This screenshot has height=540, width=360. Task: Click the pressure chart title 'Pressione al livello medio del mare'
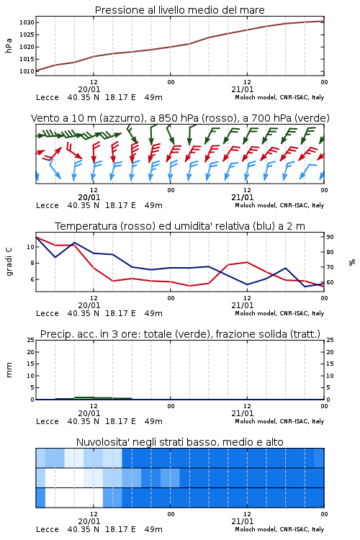[179, 10]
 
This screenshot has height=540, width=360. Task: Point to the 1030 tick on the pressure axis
[27, 23]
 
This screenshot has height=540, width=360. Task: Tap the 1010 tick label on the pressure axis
[27, 71]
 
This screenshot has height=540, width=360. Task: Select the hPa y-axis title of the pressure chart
[9, 45]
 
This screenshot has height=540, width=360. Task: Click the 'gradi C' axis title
[9, 261]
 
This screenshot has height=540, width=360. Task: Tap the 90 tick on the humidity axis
[330, 237]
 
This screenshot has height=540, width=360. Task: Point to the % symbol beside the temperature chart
[352, 262]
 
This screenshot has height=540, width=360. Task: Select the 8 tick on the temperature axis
[32, 263]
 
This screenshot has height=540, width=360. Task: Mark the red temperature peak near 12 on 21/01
[247, 262]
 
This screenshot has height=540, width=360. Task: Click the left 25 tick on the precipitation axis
[31, 340]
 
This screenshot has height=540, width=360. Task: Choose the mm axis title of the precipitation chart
[9, 370]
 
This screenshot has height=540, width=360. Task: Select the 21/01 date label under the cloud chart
[243, 521]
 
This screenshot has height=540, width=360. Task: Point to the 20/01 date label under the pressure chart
[89, 89]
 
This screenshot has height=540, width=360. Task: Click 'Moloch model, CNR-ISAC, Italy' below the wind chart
[279, 206]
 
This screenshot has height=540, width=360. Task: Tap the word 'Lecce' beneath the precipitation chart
[48, 421]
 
